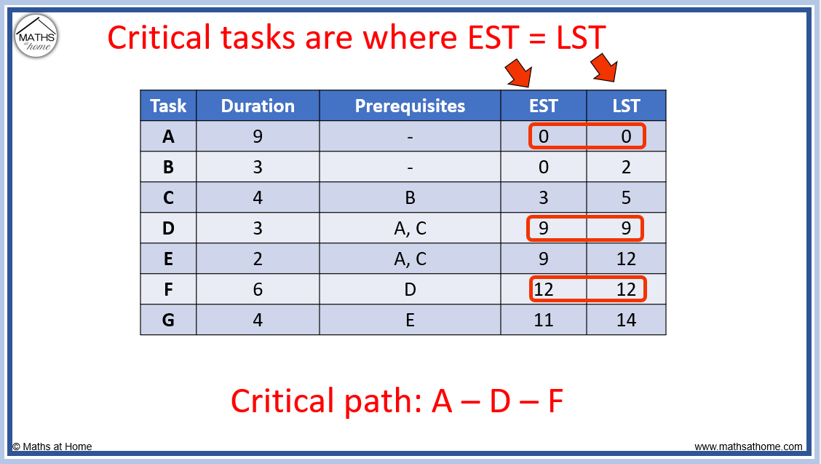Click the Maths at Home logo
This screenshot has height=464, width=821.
click(x=36, y=36)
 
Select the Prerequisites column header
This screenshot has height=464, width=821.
click(x=410, y=106)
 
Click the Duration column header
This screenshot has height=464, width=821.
click(x=258, y=106)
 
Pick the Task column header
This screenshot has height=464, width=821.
click(x=168, y=106)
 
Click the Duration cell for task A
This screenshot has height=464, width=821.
click(x=258, y=136)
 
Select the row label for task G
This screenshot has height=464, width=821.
click(x=168, y=320)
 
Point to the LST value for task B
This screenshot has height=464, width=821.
click(x=626, y=167)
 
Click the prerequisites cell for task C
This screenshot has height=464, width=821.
click(x=410, y=197)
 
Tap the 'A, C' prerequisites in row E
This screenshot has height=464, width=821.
click(x=410, y=259)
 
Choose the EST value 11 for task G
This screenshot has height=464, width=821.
click(x=543, y=320)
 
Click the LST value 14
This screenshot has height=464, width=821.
click(x=626, y=320)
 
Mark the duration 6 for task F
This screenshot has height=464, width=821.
click(x=258, y=289)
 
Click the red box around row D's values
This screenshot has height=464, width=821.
click(x=586, y=228)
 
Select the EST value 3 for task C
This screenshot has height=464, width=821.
click(x=543, y=197)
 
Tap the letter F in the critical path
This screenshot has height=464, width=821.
click(x=555, y=401)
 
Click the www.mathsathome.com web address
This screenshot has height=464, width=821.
click(x=748, y=447)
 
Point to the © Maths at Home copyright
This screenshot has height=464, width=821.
click(x=52, y=447)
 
